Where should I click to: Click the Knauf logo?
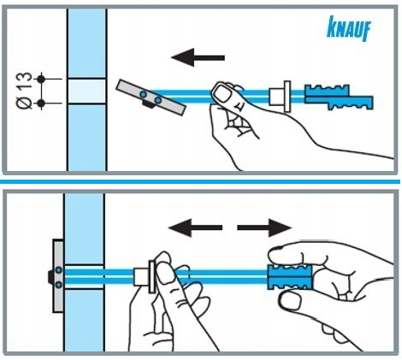(349, 28)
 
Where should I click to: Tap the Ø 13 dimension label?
(25, 91)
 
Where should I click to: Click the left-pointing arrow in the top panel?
(198, 57)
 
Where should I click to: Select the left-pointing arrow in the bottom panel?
(195, 227)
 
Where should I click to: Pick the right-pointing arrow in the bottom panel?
(264, 227)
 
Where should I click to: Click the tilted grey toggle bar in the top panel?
(151, 97)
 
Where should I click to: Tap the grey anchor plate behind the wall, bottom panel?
(58, 276)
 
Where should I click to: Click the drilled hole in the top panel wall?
(86, 91)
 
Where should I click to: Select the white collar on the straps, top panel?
(281, 97)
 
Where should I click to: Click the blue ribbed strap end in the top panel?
(339, 97)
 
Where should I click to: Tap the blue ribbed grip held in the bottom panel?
(290, 277)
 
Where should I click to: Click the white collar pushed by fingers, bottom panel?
(145, 276)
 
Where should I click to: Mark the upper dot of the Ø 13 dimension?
(41, 79)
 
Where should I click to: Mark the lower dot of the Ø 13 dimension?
(41, 103)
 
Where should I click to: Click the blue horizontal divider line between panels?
(200, 181)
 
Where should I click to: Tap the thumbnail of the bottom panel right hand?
(289, 301)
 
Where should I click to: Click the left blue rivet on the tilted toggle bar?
(144, 94)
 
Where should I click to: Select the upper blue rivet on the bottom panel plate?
(59, 269)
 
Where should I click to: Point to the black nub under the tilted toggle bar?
(148, 105)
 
